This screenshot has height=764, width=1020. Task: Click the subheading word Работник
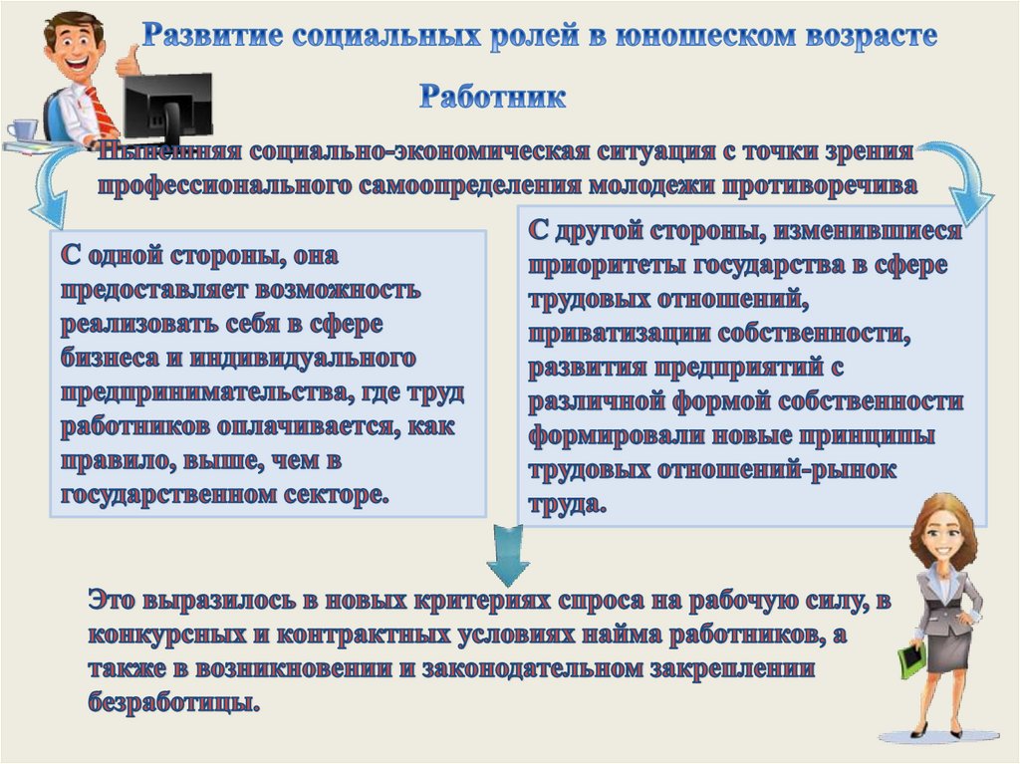click(492, 98)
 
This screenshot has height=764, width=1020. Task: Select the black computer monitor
click(166, 105)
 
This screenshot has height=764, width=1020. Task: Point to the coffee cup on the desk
click(23, 129)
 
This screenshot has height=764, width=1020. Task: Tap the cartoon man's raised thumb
click(127, 61)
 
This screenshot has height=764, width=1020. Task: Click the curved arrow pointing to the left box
click(48, 189)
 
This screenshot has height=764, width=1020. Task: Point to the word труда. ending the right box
click(566, 503)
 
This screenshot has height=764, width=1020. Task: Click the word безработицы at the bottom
click(173, 703)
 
